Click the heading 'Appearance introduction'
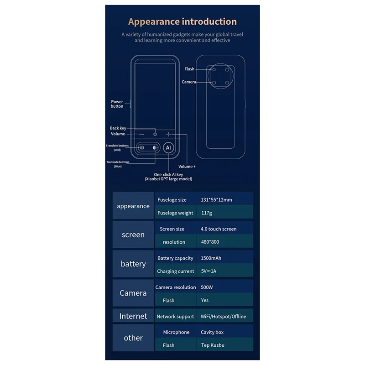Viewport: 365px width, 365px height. [x=182, y=21]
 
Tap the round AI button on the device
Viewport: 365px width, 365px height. [x=168, y=148]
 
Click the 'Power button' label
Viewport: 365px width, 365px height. [x=117, y=104]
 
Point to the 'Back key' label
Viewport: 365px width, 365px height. [x=118, y=128]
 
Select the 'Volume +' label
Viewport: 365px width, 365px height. [x=187, y=167]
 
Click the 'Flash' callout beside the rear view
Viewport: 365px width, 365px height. [x=189, y=69]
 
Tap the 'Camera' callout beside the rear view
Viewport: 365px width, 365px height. [x=189, y=82]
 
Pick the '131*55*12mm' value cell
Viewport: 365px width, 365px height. [x=216, y=200]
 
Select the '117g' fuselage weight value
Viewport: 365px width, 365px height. [x=207, y=213]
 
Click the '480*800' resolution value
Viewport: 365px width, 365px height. [x=210, y=242]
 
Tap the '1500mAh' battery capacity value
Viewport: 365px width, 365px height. [x=211, y=258]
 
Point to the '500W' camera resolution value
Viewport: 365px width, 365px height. [x=207, y=287]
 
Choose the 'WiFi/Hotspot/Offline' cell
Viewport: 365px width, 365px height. [x=223, y=316]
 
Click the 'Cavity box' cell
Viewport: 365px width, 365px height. [x=212, y=332]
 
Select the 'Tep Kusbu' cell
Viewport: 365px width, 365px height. [x=213, y=345]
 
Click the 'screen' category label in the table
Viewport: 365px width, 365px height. [x=133, y=235]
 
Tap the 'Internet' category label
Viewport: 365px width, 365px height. [x=133, y=316]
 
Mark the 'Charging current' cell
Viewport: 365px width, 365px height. [x=176, y=271]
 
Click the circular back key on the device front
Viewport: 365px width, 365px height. [x=155, y=134]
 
